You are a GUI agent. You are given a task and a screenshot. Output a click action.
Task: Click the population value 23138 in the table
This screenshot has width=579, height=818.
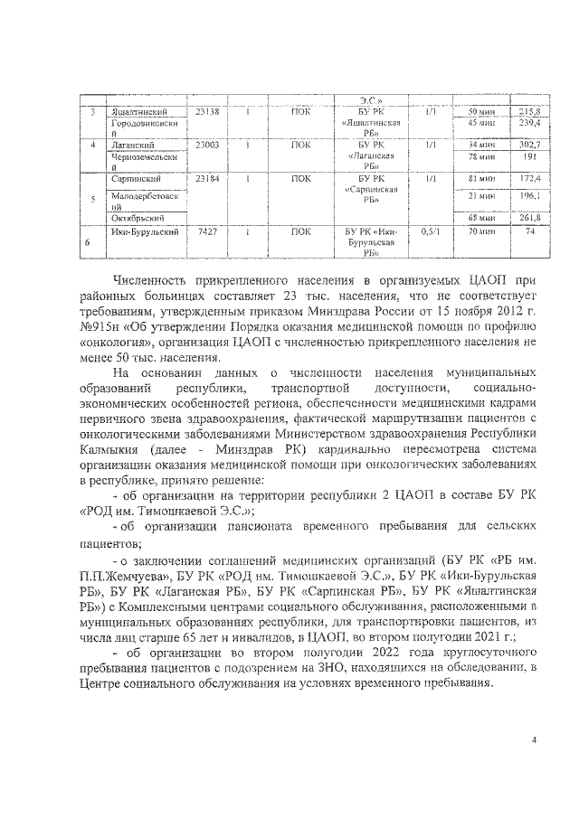click(x=206, y=111)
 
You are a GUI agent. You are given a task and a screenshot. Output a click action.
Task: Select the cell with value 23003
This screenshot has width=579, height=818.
click(x=206, y=145)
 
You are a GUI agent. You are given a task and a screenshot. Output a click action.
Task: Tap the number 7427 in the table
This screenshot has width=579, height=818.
click(x=207, y=231)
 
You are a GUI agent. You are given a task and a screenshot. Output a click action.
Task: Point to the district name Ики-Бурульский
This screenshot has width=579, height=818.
click(x=138, y=231)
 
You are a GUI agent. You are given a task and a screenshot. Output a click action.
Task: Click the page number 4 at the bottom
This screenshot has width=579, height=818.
click(x=534, y=740)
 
